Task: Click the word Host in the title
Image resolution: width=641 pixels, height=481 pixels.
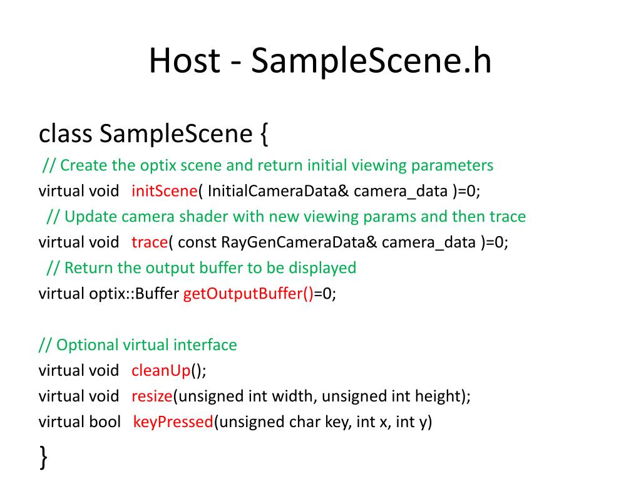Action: pos(184,61)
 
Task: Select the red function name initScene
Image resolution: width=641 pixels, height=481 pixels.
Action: pos(164,191)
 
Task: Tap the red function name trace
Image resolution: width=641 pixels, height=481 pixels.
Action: pos(150,242)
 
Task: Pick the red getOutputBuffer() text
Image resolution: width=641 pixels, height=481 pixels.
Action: pos(248,294)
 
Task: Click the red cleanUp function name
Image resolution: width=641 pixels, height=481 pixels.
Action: pos(160,370)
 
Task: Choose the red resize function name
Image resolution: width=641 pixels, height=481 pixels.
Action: pos(152,396)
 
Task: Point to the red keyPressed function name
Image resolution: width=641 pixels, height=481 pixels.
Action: pos(173,422)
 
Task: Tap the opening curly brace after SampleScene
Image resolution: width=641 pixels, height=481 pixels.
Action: pos(262,133)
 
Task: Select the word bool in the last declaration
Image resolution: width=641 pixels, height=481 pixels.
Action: pos(105,422)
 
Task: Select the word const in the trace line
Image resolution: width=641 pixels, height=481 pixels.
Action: pos(198,242)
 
